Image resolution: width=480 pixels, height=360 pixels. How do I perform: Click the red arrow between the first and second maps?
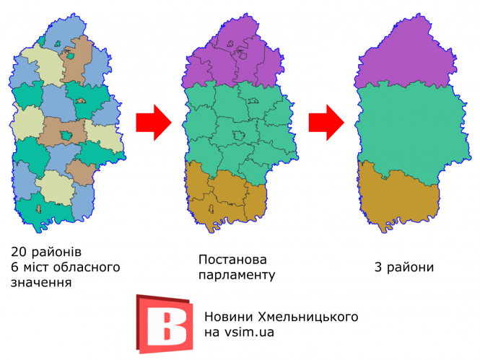152,123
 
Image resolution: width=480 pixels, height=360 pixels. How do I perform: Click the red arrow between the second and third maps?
326,123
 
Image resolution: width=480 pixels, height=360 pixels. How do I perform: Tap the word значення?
41,283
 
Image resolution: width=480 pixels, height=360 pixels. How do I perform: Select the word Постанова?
232,259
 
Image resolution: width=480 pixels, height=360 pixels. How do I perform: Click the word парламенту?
237,275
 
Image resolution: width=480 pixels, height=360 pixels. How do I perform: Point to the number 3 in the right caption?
378,268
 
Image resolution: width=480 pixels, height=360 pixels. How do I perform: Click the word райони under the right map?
411,268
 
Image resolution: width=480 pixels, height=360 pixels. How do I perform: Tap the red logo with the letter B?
165,323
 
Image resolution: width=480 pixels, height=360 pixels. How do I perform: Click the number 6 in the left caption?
14,268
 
